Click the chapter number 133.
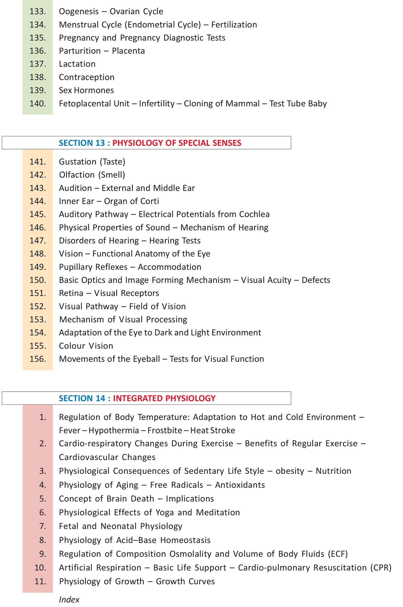(38, 12)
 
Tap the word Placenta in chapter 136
(128, 51)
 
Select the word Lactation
(77, 64)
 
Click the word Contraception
(87, 77)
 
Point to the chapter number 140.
(38, 103)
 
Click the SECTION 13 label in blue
(82, 143)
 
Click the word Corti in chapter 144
(150, 201)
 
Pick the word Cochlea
(254, 214)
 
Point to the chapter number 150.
(38, 280)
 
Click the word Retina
(71, 293)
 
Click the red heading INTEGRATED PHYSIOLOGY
(164, 398)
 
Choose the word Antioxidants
(240, 485)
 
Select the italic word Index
(69, 599)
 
